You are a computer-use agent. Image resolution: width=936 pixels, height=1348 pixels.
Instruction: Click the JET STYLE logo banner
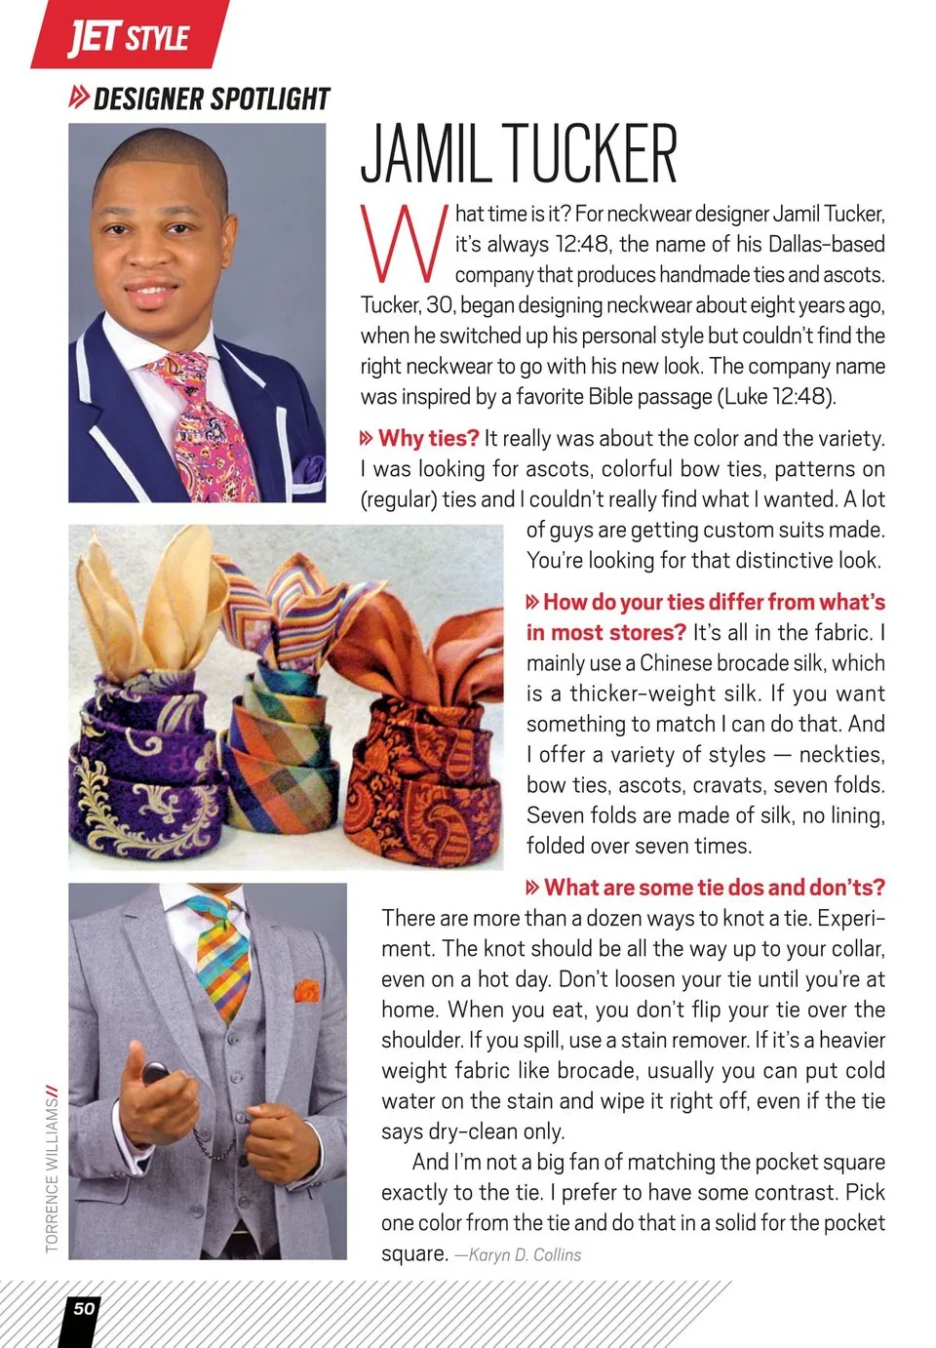coord(129,36)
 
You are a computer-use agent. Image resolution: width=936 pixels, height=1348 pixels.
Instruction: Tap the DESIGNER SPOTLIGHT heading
coord(211,99)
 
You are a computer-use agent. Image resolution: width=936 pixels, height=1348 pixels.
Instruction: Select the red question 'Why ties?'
coord(428,438)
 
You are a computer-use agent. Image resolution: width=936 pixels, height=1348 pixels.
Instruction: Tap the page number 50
coord(85,1308)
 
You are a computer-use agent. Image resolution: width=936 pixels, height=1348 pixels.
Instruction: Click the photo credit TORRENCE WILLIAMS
coord(53,1170)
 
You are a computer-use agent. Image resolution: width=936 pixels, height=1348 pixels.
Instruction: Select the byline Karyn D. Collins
coord(525,1254)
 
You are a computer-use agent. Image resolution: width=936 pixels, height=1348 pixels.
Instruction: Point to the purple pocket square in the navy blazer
coord(309,469)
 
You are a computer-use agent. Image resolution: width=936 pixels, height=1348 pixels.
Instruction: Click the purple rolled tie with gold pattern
coord(146,771)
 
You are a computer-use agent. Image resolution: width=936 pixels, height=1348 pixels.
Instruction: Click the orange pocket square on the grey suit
coord(307,990)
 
